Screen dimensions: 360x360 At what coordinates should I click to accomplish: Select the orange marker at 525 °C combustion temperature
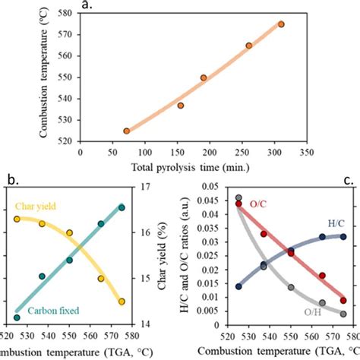pos(127,131)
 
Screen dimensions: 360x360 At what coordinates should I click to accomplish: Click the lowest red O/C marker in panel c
pos(344,300)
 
